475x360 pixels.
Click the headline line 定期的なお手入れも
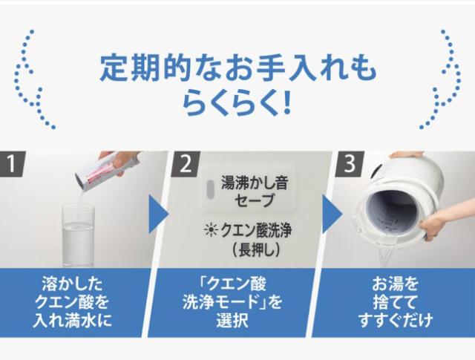point(237,68)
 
